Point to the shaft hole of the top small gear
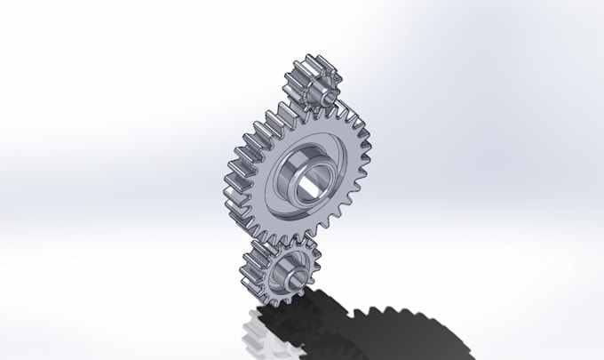[x=326, y=92]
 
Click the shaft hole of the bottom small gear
[x=292, y=277]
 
